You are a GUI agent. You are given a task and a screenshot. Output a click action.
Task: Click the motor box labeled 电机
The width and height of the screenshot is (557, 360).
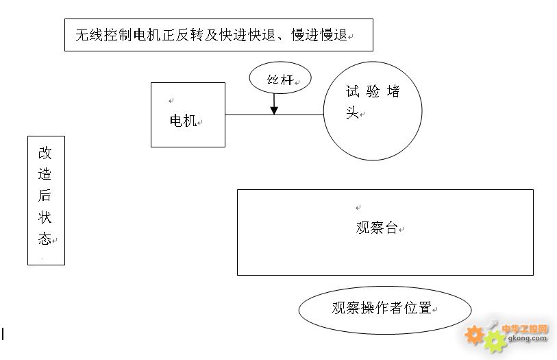click(188, 115)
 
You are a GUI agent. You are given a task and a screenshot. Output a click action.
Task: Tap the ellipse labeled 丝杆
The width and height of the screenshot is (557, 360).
click(280, 78)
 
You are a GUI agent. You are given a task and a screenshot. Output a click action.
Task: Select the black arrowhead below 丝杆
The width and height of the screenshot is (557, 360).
click(274, 109)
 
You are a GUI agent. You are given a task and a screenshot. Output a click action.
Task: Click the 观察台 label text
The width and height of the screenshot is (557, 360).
click(377, 228)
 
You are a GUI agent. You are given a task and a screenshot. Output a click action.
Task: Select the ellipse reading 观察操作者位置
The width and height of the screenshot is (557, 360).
click(384, 309)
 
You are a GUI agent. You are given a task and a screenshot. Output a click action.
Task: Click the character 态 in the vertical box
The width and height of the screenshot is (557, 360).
click(45, 239)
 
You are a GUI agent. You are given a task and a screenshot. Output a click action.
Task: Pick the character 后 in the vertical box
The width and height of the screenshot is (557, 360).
click(45, 195)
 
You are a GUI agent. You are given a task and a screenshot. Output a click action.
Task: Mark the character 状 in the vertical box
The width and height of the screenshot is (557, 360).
click(45, 217)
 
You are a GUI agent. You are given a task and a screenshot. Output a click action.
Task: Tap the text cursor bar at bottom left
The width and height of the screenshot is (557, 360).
click(3, 334)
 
